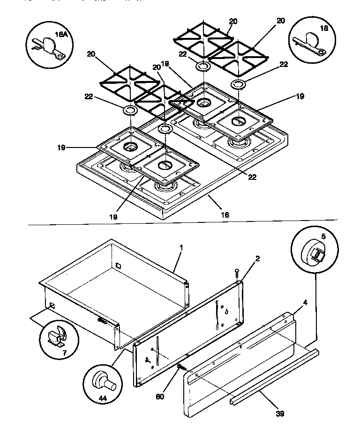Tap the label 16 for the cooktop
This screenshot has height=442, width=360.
click(225, 214)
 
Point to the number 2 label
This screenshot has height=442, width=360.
click(257, 258)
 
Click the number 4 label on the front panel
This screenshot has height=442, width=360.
click(305, 303)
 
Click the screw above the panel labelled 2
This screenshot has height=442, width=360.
click(238, 273)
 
